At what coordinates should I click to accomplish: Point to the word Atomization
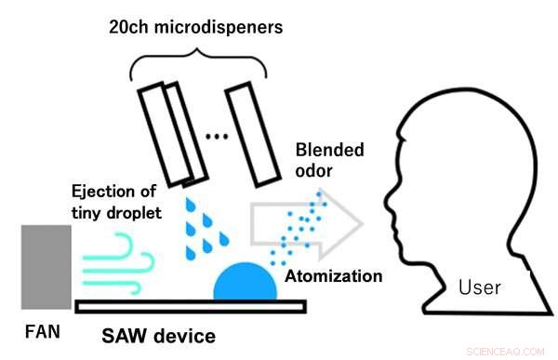(333, 276)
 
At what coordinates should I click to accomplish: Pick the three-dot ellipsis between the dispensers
(216, 138)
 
